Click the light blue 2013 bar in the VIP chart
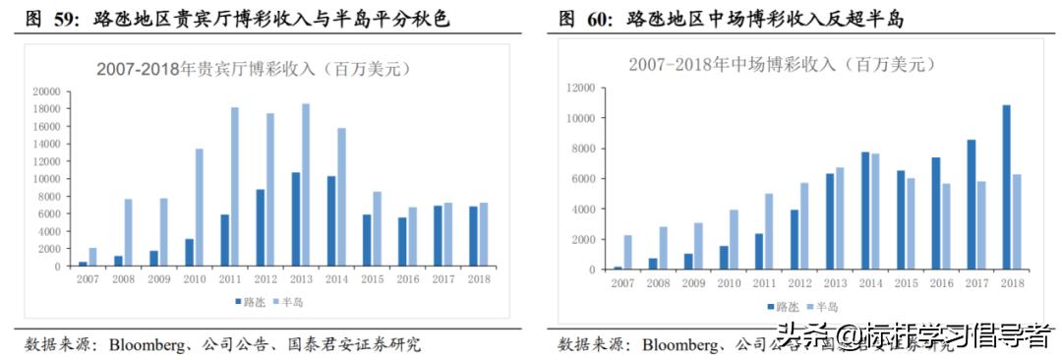pos(306,185)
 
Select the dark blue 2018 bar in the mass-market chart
pos(1006,187)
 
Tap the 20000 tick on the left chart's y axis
pos(46,90)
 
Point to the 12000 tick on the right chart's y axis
pos(581,88)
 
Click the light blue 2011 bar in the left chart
pos(234,187)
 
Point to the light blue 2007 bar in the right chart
pos(628,252)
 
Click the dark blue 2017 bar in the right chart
pos(972,205)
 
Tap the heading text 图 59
pos(46,19)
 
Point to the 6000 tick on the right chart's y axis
pos(584,179)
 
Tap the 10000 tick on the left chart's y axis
pos(46,179)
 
